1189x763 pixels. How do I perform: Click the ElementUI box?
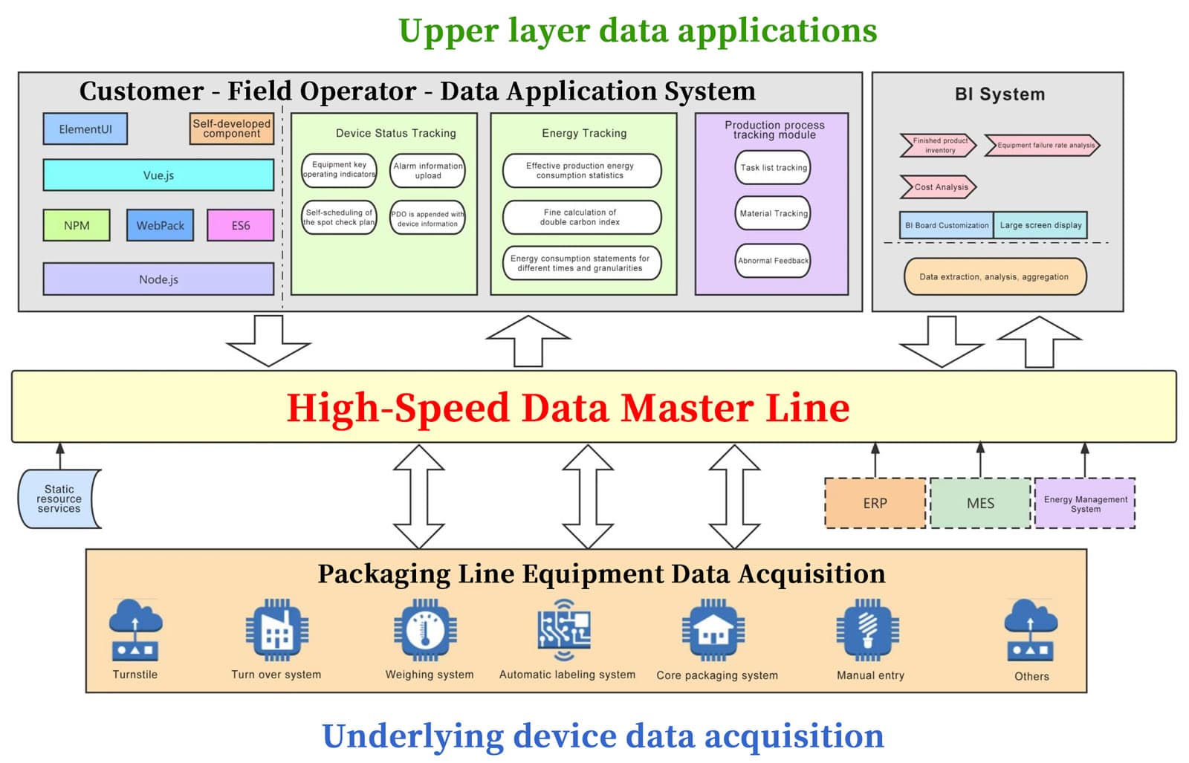click(85, 129)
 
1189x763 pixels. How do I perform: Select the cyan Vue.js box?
click(158, 175)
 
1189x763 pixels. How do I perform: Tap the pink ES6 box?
click(240, 225)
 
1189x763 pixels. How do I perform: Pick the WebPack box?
click(160, 225)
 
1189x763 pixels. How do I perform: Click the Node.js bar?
click(158, 279)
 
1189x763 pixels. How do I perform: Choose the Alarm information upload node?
click(427, 171)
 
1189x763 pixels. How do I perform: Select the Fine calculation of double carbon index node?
click(581, 217)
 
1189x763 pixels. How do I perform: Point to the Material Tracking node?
click(773, 213)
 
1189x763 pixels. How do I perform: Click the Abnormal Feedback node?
click(773, 261)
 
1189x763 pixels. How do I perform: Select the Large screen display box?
click(1040, 225)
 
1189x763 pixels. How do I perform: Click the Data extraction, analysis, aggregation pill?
click(994, 276)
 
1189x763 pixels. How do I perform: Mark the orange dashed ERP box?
click(875, 503)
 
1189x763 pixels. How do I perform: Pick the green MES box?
click(980, 503)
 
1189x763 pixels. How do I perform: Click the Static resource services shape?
click(59, 499)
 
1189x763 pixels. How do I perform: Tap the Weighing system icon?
click(425, 630)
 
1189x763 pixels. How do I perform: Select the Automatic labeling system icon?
click(564, 630)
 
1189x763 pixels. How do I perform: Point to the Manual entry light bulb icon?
click(867, 630)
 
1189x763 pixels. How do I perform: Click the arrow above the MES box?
click(980, 460)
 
